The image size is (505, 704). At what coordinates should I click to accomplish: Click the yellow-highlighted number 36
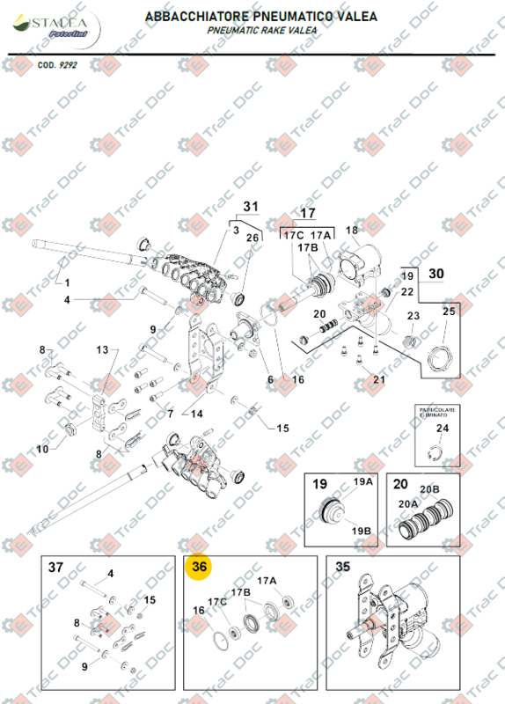click(x=200, y=568)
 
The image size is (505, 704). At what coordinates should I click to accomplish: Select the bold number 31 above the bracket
click(x=252, y=208)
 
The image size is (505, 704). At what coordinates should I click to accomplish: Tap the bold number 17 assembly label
click(x=308, y=214)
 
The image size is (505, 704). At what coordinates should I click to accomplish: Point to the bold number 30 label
click(x=436, y=274)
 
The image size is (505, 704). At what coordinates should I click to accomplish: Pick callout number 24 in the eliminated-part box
click(x=443, y=429)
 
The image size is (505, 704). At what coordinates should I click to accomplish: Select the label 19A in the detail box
click(x=363, y=482)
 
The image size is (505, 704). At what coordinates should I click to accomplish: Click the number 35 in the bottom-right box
click(x=342, y=568)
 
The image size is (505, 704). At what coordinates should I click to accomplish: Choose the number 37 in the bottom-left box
click(x=55, y=568)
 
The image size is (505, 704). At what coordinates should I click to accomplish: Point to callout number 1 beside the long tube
click(x=64, y=283)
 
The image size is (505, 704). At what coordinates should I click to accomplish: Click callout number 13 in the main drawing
click(x=104, y=350)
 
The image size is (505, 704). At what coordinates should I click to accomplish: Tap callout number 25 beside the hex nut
click(x=448, y=312)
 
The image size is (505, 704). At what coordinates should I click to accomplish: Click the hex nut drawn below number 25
click(x=438, y=359)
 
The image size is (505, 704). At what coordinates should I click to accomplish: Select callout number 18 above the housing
click(x=352, y=231)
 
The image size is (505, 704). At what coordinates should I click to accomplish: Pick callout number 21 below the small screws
click(x=379, y=380)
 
